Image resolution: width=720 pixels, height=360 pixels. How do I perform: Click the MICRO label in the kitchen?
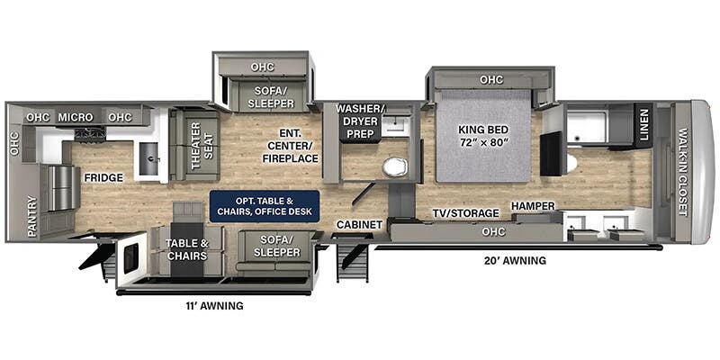tap(76, 117)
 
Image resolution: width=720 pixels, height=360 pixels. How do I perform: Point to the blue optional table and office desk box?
tap(265, 204)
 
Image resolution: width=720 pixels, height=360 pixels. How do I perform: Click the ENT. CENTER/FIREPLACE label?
tap(290, 145)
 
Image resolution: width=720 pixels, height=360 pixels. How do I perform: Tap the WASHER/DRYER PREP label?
tap(360, 122)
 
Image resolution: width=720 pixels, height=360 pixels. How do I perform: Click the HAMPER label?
tap(534, 205)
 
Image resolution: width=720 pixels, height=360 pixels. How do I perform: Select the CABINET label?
tap(355, 224)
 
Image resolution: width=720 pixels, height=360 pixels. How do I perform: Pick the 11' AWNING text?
tap(213, 306)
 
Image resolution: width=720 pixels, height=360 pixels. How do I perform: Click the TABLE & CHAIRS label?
tap(186, 248)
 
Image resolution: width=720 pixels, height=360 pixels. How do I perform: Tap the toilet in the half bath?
tap(393, 167)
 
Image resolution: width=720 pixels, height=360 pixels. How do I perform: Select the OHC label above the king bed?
tap(490, 80)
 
